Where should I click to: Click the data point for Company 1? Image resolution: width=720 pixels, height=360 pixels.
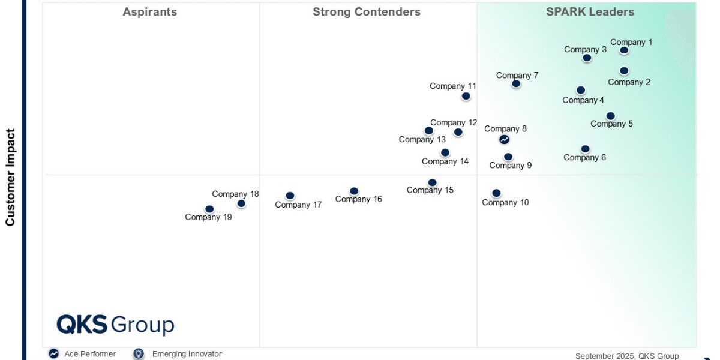click(x=624, y=50)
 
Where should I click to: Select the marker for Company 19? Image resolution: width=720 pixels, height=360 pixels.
click(x=209, y=209)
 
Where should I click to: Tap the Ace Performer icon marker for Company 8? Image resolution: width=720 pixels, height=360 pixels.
click(x=505, y=139)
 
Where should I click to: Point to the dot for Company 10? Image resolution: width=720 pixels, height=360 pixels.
click(x=496, y=193)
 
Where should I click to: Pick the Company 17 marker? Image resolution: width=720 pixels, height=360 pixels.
click(x=290, y=196)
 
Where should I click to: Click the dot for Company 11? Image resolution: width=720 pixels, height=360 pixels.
click(x=466, y=96)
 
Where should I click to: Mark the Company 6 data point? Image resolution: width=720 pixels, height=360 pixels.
click(x=585, y=149)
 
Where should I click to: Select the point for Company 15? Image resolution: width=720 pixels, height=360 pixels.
click(x=432, y=182)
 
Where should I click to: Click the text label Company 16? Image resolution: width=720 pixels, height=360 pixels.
click(x=358, y=199)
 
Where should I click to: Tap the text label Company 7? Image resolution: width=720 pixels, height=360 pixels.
click(x=517, y=76)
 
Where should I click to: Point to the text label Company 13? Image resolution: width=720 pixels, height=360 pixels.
click(x=422, y=140)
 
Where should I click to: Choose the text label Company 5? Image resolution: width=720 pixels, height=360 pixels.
click(x=611, y=124)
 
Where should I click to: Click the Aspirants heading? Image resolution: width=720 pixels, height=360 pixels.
click(x=150, y=12)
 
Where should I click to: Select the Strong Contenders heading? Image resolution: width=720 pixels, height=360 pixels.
click(x=367, y=12)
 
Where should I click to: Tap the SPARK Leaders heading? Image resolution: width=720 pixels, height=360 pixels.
click(x=590, y=12)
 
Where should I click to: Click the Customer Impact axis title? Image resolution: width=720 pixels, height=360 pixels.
click(x=10, y=178)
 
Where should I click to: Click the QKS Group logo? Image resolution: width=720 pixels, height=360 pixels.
click(x=115, y=325)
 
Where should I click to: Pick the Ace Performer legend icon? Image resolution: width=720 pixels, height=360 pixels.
click(x=53, y=354)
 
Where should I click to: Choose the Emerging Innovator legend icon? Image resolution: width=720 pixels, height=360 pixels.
click(x=139, y=354)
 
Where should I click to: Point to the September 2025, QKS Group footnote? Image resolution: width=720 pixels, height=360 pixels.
click(x=627, y=356)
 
